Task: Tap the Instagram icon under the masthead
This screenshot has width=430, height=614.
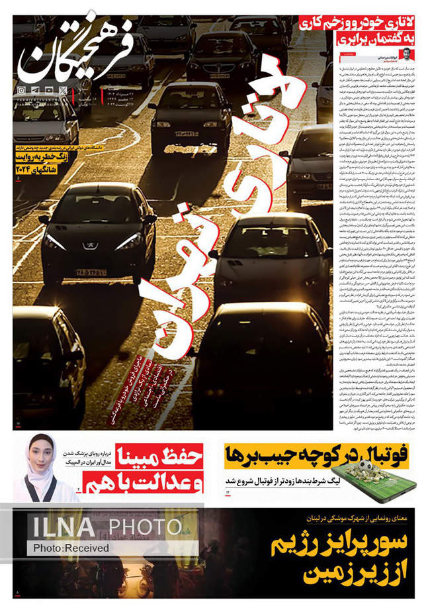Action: coord(21,89)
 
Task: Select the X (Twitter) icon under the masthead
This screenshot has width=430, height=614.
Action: coord(64,89)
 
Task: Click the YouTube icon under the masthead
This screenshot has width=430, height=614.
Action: coord(50,89)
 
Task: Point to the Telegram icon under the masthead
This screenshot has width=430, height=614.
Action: coord(35,89)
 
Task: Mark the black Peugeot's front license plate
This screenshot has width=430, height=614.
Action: coord(91,272)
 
